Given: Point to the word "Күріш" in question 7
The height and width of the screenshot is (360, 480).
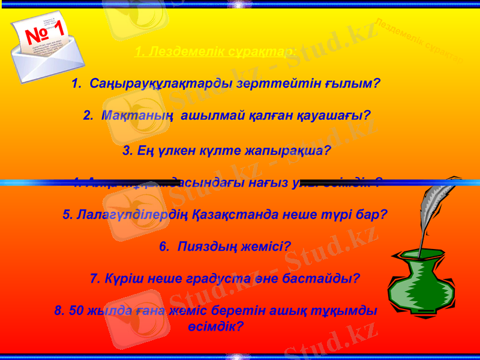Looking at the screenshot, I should (121, 278).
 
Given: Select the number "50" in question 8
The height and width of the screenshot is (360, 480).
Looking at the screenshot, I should (76, 311).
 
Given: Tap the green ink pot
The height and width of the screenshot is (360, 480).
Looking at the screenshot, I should (420, 282).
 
